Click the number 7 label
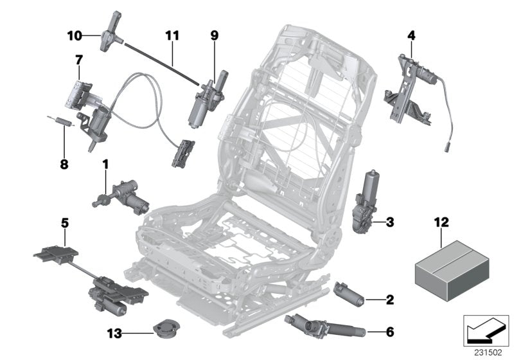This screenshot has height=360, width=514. coord(78,60)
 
